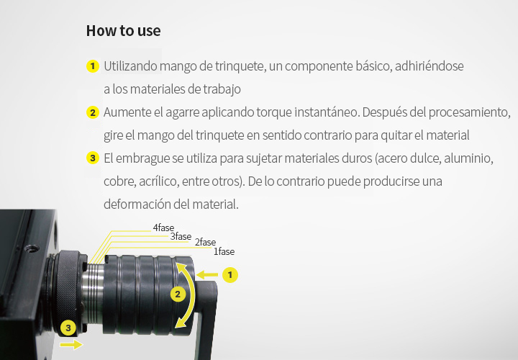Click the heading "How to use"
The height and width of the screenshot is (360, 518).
point(123,31)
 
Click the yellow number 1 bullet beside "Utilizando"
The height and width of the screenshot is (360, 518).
point(93,66)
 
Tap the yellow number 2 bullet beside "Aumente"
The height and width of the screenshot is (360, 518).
point(93,112)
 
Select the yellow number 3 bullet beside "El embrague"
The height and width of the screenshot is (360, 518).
point(93,158)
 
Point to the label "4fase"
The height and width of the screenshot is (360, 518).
point(163,228)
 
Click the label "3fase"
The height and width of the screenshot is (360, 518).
point(181,236)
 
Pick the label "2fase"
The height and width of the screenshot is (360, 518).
point(205,242)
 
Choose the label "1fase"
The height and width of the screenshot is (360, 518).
point(224,251)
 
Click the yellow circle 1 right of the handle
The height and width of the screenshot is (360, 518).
point(230,275)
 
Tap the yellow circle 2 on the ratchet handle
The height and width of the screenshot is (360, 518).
point(178,294)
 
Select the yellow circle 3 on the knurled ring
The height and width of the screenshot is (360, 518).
point(68,328)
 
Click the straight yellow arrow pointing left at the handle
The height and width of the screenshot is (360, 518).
point(207,275)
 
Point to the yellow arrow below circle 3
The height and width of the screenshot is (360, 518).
point(71,345)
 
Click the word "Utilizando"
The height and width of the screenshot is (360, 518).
point(130,66)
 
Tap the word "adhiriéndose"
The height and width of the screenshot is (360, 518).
point(429,66)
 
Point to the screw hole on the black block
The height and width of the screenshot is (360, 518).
point(32,248)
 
